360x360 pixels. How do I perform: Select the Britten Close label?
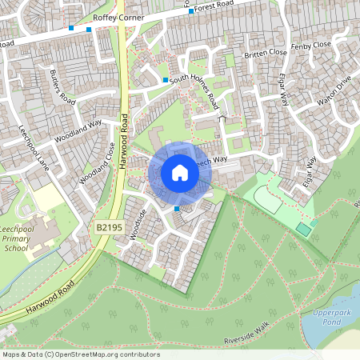click(x=266, y=53)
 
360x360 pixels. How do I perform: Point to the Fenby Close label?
click(x=311, y=46)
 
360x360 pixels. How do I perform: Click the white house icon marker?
click(x=180, y=173)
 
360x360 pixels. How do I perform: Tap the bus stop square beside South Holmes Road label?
click(x=166, y=80)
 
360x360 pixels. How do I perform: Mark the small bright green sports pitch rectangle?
click(x=303, y=230)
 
